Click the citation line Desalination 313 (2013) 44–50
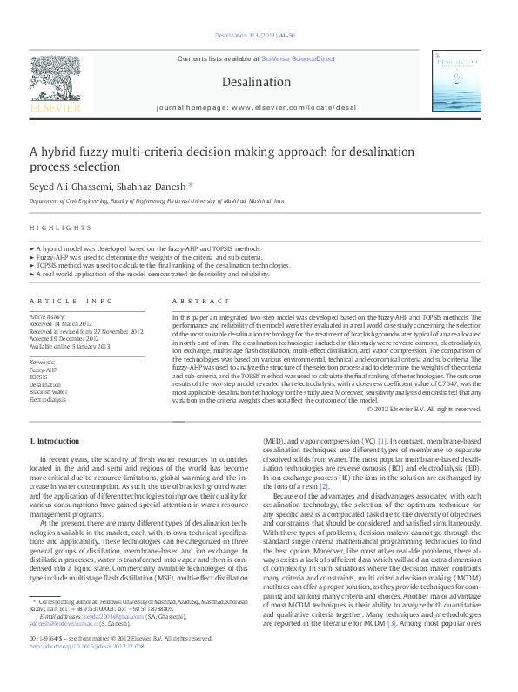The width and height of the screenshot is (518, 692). [x=255, y=36]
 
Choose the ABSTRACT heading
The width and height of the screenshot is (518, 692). [x=193, y=300]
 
